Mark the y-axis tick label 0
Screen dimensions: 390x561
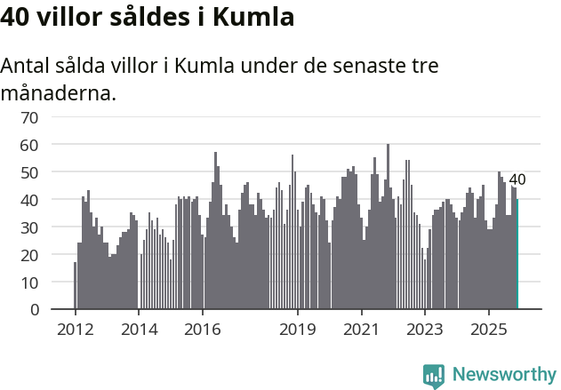34,309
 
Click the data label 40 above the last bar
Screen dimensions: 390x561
517,179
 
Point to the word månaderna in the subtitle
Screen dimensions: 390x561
59,92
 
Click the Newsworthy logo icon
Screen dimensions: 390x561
434,376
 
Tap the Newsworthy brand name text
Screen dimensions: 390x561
503,375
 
